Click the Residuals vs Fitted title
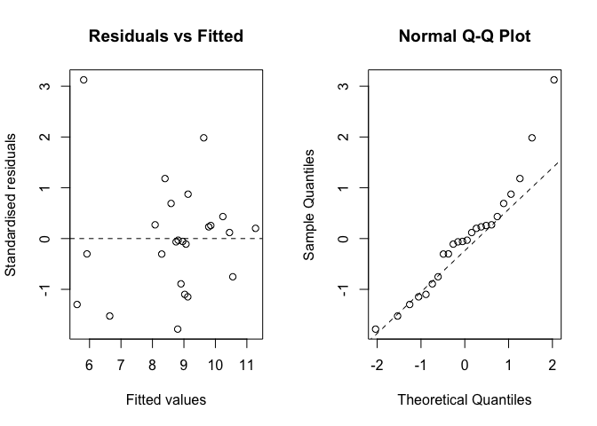tap(165, 37)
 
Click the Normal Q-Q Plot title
tap(464, 37)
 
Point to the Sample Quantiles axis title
tap(309, 204)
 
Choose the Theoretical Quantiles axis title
tap(464, 400)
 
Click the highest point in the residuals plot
tap(84, 80)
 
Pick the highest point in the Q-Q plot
tap(553, 80)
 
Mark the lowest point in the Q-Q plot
tap(375, 329)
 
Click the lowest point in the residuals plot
tap(178, 329)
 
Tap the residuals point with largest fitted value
tap(256, 228)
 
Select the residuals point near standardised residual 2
tap(203, 138)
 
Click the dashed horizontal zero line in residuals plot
tap(133, 239)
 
